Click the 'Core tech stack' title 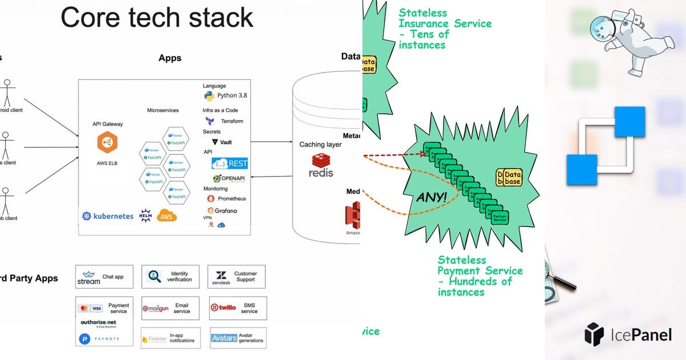click(157, 18)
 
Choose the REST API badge click(230, 163)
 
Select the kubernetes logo click(108, 216)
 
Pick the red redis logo click(321, 165)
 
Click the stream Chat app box click(104, 277)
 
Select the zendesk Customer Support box click(237, 277)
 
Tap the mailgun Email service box click(170, 308)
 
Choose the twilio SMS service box click(237, 308)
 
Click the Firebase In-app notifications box click(170, 338)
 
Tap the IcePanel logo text click(628, 334)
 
